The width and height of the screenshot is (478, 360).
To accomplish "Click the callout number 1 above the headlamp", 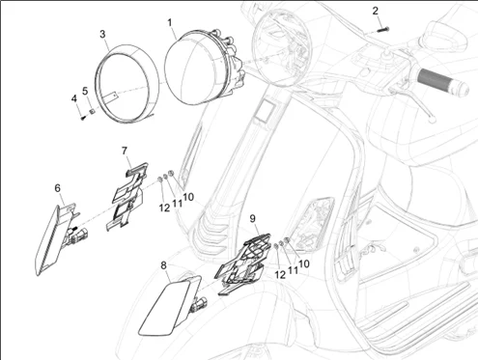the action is point(169,23).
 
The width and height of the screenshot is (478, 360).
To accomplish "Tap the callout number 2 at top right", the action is point(376,11).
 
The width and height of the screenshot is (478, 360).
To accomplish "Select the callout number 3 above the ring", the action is point(102,34).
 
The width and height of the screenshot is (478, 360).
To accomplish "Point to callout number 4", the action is point(74,98).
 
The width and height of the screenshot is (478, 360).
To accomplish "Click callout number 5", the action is point(85,91).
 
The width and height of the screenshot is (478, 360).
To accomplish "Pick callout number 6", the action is point(57,188).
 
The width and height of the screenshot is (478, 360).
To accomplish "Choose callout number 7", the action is point(125,151).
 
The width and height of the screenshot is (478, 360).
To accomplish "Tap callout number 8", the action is point(163,265).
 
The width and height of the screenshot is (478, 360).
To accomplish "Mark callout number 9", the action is point(253,219).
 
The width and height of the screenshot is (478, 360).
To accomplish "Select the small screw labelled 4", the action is point(83,118).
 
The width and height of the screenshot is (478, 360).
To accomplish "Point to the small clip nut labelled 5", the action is point(92,111).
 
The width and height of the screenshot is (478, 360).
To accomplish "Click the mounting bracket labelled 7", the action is point(127,196).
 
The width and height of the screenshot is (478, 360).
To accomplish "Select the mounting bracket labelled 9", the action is point(241,263).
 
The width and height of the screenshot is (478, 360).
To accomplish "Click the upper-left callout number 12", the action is point(164,208).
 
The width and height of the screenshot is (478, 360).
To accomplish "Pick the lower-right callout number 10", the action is point(304,263).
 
